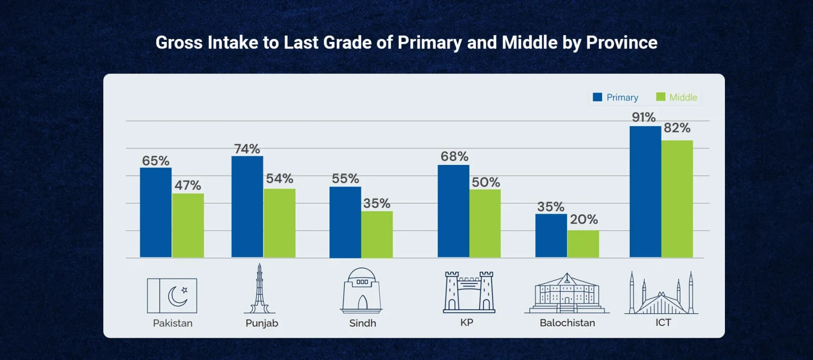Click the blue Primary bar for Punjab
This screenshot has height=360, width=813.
coord(247,207)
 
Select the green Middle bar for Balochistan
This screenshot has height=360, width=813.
coord(583,244)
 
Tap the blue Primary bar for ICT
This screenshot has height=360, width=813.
coord(645,192)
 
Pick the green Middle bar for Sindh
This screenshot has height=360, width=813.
coord(377,235)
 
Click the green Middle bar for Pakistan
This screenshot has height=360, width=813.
coord(188,226)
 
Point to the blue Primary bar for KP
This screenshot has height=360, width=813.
coord(453,211)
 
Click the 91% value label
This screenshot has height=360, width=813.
coord(644,117)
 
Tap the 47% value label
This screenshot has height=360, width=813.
coord(188,185)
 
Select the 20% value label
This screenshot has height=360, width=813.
coord(584,220)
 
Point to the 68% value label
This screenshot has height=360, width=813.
coord(454,156)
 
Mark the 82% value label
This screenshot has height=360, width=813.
coord(677,128)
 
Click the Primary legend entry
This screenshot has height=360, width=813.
coord(615,98)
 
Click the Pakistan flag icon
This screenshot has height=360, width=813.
coord(172,296)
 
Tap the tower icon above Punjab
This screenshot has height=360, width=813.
coord(259,289)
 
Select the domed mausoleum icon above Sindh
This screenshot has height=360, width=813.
coord(362,290)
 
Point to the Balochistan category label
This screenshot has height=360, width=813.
coord(567,323)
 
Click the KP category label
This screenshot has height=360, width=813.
coord(466,322)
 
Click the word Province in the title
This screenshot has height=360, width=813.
coord(622,43)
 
